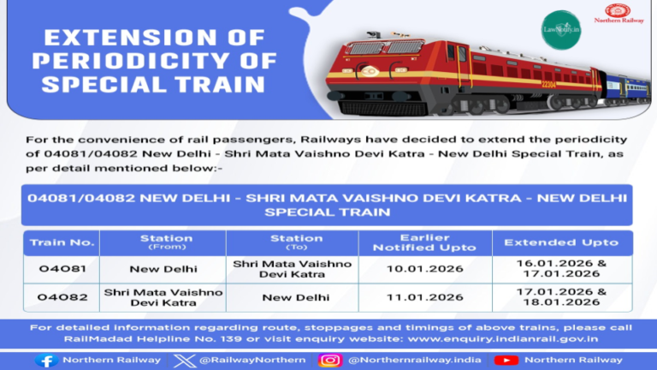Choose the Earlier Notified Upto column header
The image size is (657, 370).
412,242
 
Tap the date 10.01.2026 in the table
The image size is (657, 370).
412,269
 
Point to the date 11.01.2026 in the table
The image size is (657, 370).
412,297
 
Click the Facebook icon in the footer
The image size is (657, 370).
46,360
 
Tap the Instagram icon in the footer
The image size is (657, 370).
330,360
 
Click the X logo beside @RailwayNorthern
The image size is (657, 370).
183,360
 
